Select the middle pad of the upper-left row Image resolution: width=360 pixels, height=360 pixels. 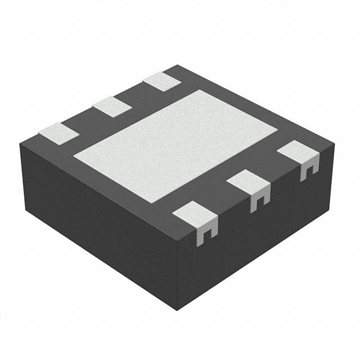pyautogui.click(x=112, y=106)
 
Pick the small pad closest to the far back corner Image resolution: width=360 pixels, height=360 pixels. pyautogui.click(x=162, y=82)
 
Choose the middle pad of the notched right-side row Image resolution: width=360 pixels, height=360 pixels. pyautogui.click(x=249, y=183)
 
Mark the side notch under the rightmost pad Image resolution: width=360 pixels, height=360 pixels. pyautogui.click(x=308, y=169)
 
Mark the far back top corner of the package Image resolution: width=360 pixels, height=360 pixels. pyautogui.click(x=179, y=65)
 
